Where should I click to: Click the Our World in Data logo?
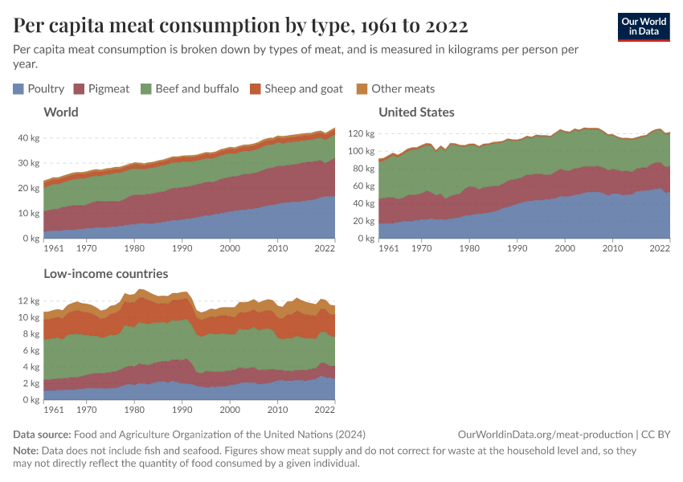(x=643, y=27)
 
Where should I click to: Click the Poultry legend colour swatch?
(x=18, y=88)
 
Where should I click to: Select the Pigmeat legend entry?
(x=100, y=88)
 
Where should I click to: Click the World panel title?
(x=61, y=112)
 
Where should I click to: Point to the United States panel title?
(x=416, y=112)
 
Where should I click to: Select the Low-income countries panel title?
(x=106, y=274)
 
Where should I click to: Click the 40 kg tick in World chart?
(x=29, y=138)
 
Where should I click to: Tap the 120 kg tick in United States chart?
(x=362, y=133)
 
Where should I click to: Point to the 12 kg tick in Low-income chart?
(x=29, y=301)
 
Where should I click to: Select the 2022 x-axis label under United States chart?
(x=659, y=249)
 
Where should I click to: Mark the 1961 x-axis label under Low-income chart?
(x=54, y=411)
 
